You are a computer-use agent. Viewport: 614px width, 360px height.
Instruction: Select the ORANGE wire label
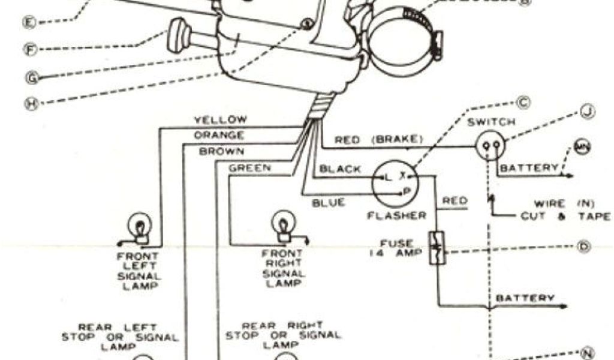point(218,135)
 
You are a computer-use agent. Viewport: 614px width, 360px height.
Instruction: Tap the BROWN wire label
point(221,151)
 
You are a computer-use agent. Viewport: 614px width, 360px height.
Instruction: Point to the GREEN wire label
point(249,167)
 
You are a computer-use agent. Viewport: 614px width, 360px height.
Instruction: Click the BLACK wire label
point(340,169)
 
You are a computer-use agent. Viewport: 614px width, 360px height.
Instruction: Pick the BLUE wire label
point(329,203)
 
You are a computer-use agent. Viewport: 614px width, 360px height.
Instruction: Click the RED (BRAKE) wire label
point(378,140)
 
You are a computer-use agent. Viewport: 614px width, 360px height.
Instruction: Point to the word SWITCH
point(492,122)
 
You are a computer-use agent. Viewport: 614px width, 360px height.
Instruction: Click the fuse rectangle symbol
point(436,248)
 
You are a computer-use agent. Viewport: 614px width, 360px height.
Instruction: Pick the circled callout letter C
point(524,103)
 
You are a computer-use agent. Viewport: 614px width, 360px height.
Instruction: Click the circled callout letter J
point(588,112)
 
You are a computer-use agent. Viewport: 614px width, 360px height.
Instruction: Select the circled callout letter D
point(583,246)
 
